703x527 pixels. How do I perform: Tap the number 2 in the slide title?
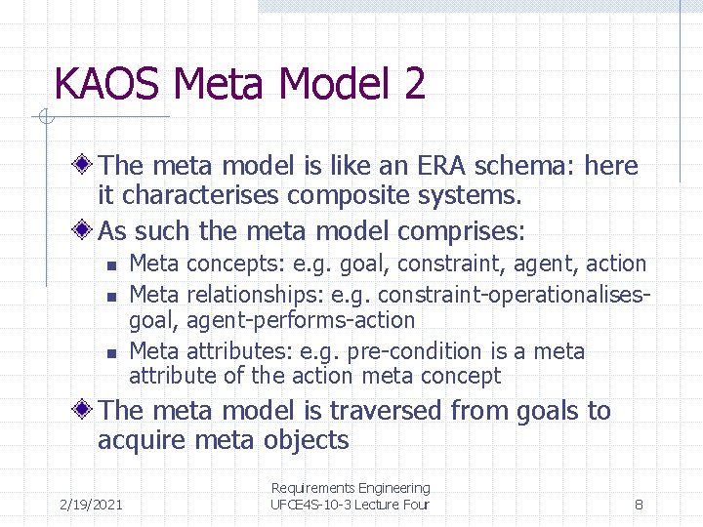pos(413,84)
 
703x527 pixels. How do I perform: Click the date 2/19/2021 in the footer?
pos(91,505)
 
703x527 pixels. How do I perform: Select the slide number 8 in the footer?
pos(638,505)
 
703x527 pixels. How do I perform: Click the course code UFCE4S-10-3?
pos(312,505)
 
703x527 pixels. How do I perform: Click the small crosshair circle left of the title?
pos(45,118)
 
